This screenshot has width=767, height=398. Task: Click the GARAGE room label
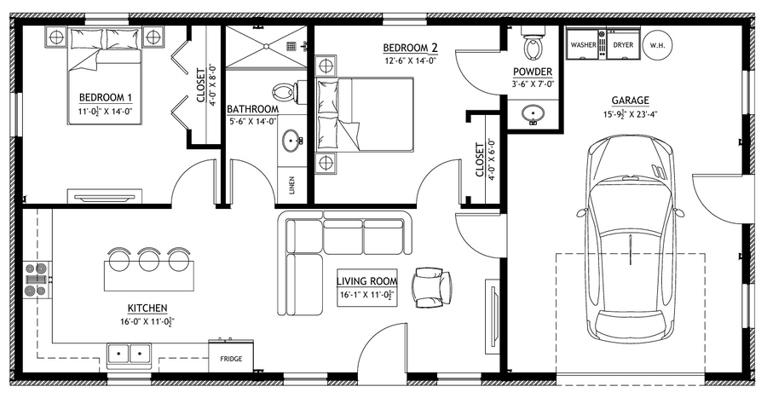630,101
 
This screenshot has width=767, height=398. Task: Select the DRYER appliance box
623,44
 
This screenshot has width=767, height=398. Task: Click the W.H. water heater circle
657,45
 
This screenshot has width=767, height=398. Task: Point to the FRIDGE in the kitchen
231,356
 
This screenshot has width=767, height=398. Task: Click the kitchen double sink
130,354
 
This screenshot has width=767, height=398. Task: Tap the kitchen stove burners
37,280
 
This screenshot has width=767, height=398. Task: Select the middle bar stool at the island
148,259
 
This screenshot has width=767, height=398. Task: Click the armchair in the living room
432,287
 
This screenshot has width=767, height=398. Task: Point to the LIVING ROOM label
366,281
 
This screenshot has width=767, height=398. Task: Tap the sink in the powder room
532,114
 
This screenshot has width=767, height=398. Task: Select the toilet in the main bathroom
284,92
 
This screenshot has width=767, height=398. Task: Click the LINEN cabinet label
292,185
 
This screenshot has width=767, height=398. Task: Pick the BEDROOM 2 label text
411,48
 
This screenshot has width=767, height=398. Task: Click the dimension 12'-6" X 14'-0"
411,61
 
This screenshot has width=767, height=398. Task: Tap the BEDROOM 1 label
106,97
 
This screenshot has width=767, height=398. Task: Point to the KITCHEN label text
147,309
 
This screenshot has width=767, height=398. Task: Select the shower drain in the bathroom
267,46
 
